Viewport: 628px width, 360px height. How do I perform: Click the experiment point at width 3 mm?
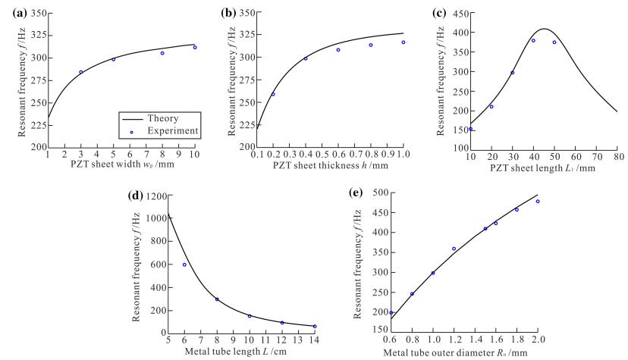80,72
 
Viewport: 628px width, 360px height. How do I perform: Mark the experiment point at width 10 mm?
195,48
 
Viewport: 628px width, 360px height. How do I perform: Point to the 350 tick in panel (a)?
36,14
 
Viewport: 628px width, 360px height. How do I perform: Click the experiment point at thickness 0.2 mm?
273,95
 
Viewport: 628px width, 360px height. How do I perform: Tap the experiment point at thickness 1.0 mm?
403,42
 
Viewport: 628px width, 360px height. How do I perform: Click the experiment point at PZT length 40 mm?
533,41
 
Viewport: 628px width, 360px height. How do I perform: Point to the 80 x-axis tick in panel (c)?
617,156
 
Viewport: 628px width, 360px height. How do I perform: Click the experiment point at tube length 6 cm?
184,265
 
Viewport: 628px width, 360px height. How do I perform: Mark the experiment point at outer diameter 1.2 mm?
454,249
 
